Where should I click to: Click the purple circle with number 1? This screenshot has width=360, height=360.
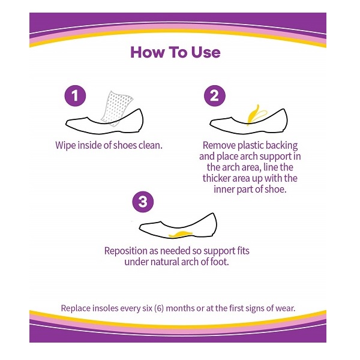coord(75,96)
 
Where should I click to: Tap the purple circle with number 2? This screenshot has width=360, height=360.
coord(215,96)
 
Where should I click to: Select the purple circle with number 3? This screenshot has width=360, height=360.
coord(143,202)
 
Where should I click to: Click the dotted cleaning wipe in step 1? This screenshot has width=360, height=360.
coord(116,108)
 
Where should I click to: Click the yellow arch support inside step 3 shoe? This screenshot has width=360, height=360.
coord(181,234)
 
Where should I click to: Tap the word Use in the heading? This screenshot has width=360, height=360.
coord(206,52)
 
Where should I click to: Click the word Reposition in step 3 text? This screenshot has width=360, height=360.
coord(126,251)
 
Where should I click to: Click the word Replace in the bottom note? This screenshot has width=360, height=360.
coord(76,308)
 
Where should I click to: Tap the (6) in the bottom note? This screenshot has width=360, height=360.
coord(159,308)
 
